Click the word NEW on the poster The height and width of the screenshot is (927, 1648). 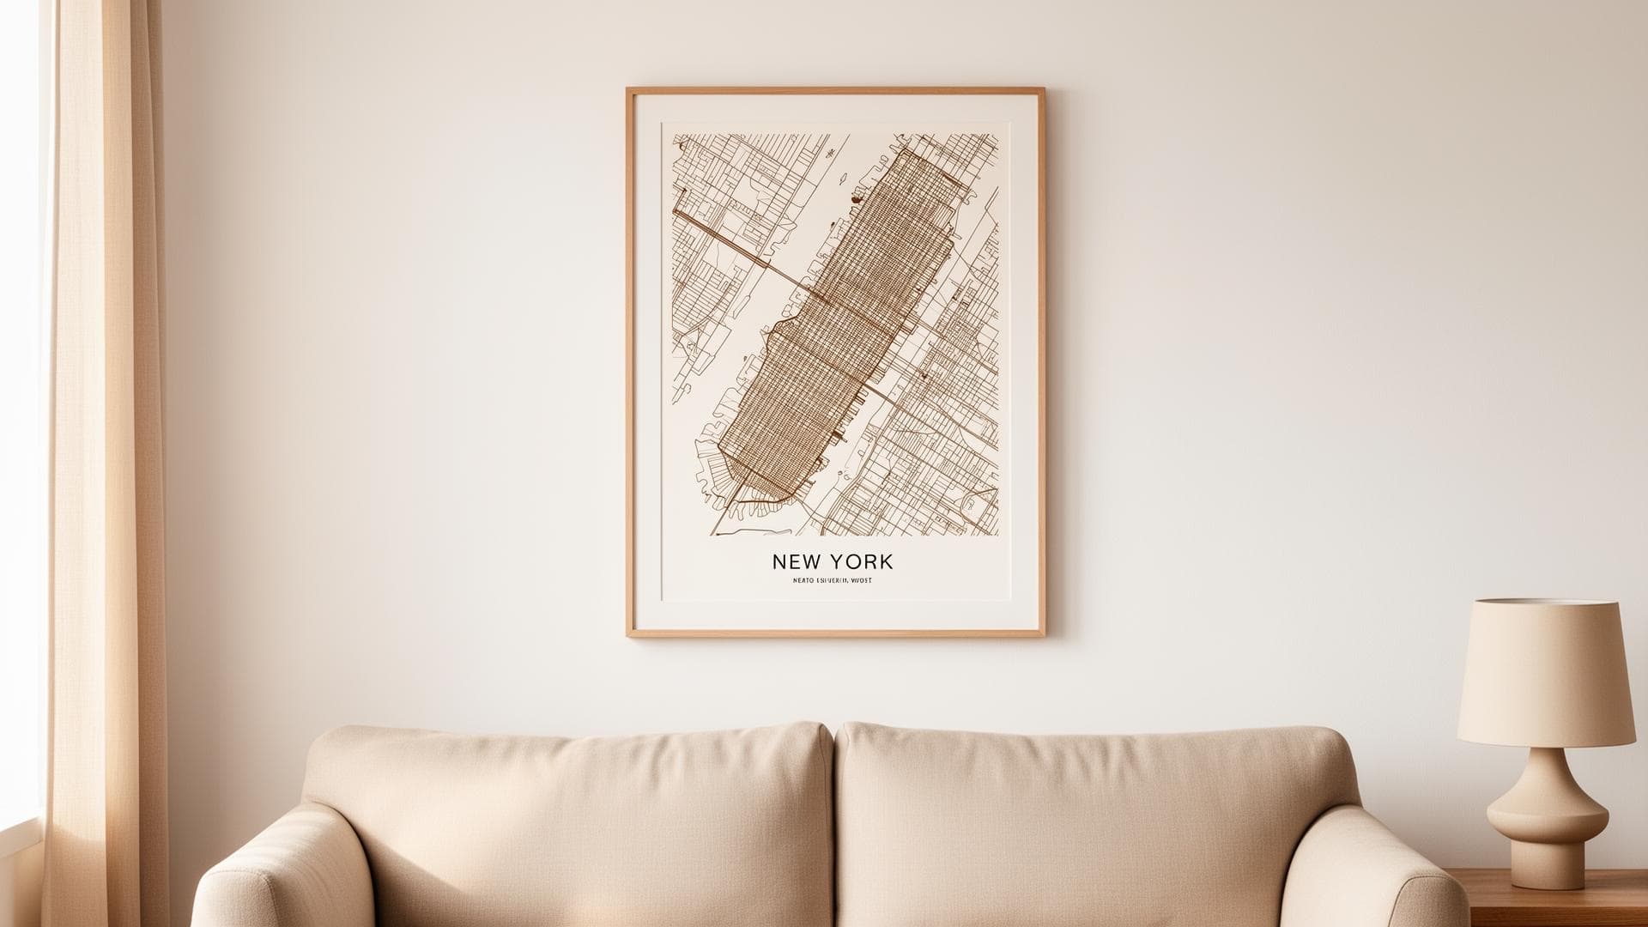pyautogui.click(x=797, y=562)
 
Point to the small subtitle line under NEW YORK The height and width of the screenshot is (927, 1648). pyautogui.click(x=832, y=581)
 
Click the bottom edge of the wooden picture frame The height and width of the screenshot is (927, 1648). pyautogui.click(x=835, y=633)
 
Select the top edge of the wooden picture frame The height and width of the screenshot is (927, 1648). pyautogui.click(x=835, y=89)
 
